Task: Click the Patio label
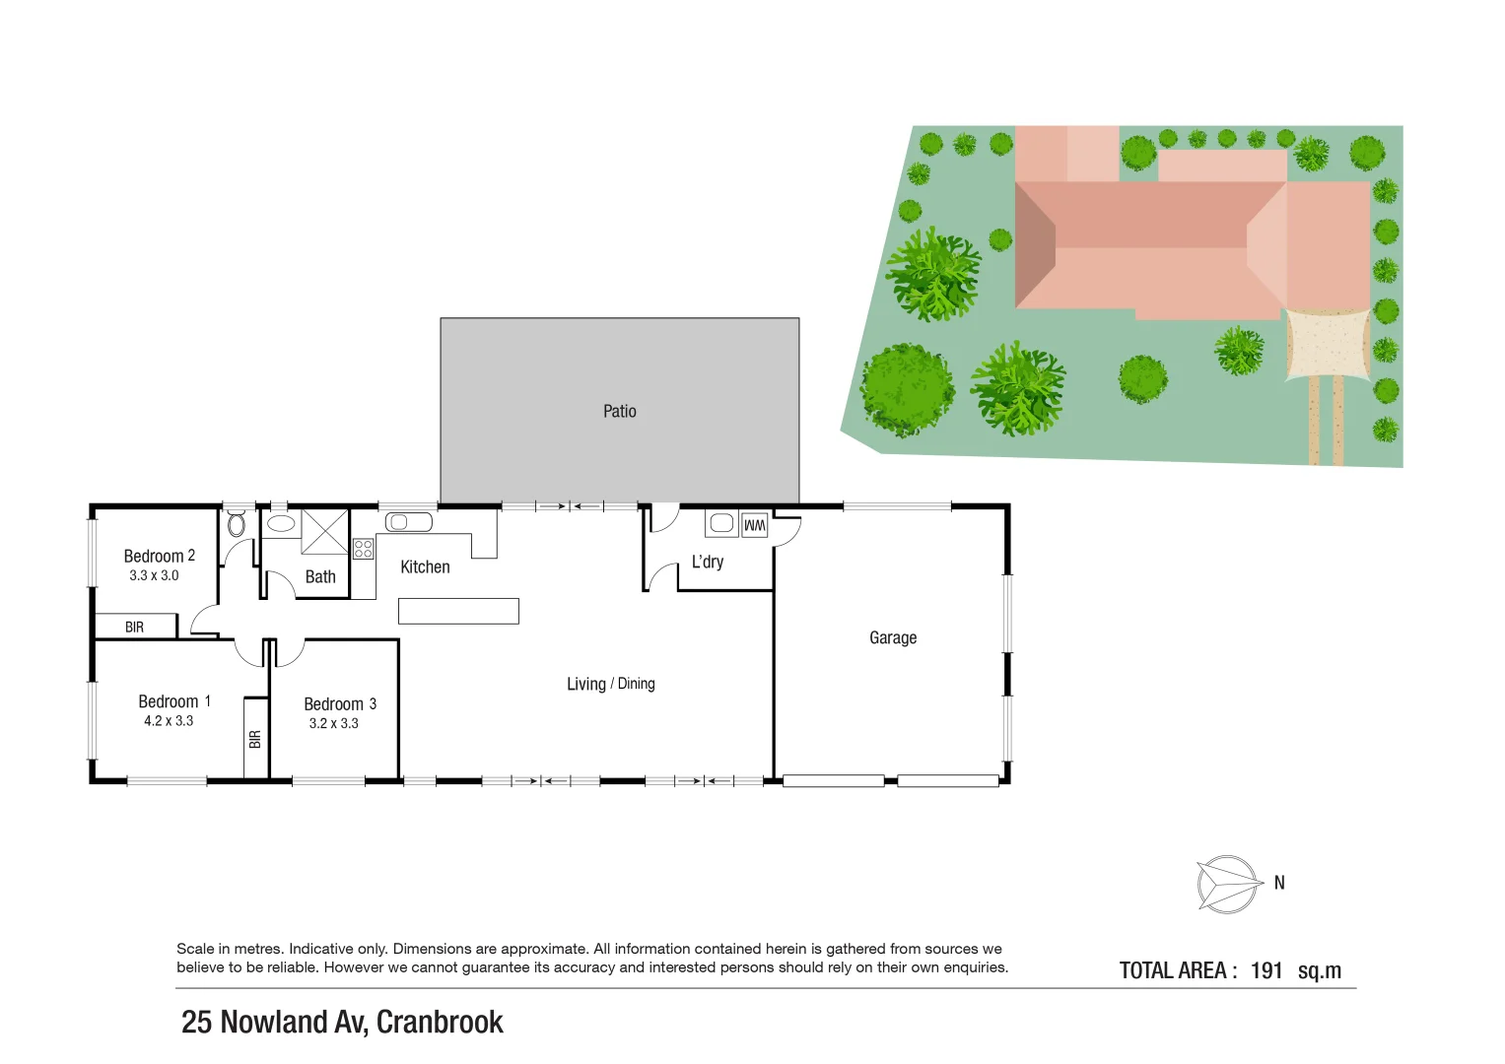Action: pyautogui.click(x=619, y=411)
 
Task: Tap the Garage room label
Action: pyautogui.click(x=893, y=637)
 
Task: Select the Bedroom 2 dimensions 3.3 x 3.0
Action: pyautogui.click(x=154, y=575)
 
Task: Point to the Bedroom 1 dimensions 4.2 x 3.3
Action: pyautogui.click(x=169, y=721)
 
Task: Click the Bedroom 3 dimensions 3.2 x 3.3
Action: pyautogui.click(x=333, y=723)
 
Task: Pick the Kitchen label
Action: pyautogui.click(x=425, y=566)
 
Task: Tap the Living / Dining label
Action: pyautogui.click(x=610, y=684)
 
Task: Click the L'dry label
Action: pyautogui.click(x=708, y=562)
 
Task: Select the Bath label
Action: pyautogui.click(x=320, y=577)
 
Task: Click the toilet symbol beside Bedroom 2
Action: pyautogui.click(x=237, y=523)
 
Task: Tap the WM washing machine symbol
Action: pyautogui.click(x=754, y=525)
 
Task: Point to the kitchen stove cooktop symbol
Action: pyautogui.click(x=363, y=549)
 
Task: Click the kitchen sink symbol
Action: pyautogui.click(x=408, y=522)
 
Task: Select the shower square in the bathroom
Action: pyautogui.click(x=324, y=532)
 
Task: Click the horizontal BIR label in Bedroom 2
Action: pyautogui.click(x=135, y=627)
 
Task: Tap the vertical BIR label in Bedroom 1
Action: pyautogui.click(x=255, y=738)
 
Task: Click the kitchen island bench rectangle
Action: pyautogui.click(x=458, y=611)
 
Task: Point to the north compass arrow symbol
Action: pyautogui.click(x=1229, y=884)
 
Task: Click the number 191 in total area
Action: pyautogui.click(x=1266, y=970)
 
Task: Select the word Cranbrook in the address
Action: pyautogui.click(x=440, y=1022)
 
